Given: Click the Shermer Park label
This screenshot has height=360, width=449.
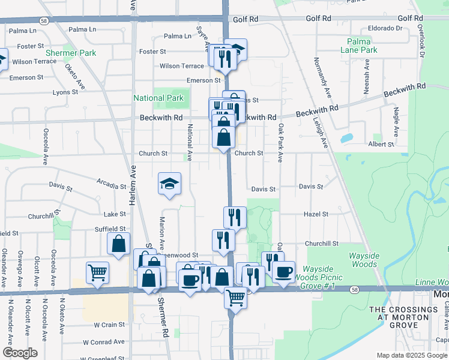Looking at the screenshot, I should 74,53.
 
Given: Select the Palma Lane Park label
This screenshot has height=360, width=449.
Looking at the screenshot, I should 362,46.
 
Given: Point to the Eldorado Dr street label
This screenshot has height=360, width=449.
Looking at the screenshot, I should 385,28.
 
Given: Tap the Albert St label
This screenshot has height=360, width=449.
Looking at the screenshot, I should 381,145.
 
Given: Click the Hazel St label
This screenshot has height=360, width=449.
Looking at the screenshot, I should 316,214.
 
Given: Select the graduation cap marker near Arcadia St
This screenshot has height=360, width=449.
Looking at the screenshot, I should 170,184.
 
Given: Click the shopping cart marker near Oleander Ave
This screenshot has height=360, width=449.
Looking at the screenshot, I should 97,272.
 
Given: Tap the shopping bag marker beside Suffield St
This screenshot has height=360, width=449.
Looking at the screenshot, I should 118,244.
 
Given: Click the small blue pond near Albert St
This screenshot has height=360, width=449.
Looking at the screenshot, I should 346,138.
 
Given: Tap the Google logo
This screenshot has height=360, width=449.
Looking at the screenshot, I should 20,353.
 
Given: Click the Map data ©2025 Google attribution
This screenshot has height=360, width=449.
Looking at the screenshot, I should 411,355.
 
